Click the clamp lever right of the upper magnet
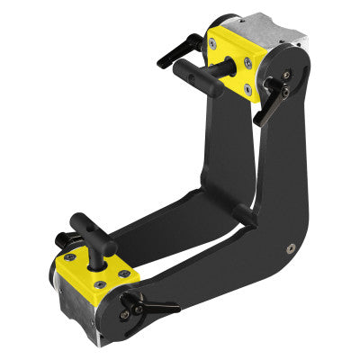pos(272,101)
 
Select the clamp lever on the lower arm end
pos(149,307)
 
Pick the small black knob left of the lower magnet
pos(61,240)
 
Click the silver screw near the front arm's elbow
pos(291,247)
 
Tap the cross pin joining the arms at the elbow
pos(242,214)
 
